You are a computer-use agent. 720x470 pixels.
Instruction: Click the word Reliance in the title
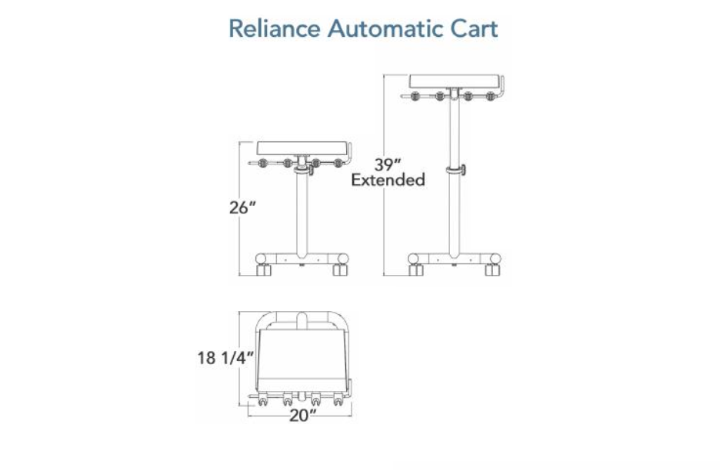click(274, 28)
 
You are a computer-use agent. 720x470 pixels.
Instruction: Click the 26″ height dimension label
click(242, 207)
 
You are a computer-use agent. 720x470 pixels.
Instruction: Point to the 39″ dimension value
click(388, 164)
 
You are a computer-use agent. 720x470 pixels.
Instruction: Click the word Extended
click(388, 180)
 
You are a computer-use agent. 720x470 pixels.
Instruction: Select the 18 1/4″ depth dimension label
click(225, 358)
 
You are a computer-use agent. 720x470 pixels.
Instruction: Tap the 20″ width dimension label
click(302, 415)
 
